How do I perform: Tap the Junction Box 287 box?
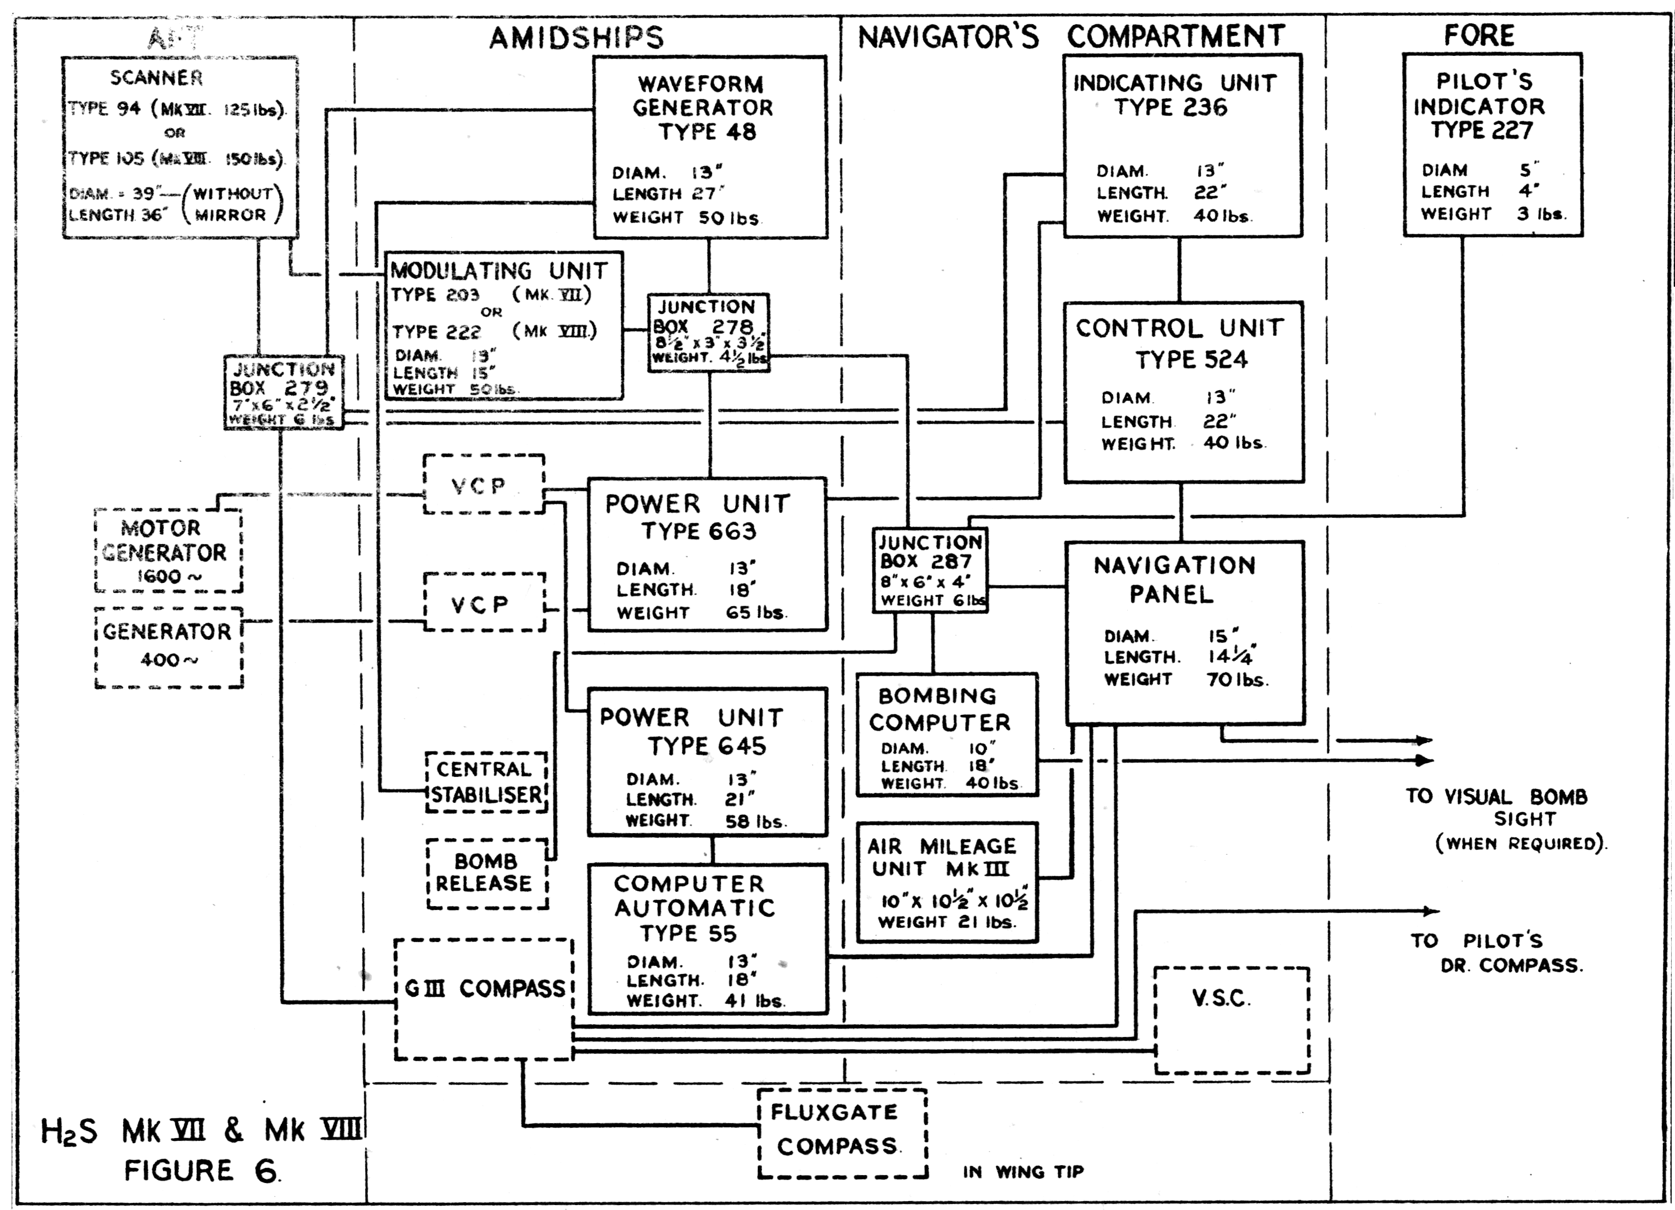click(930, 570)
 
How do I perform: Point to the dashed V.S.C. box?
click(1231, 1020)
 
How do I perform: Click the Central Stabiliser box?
click(486, 782)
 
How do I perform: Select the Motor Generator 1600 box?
click(169, 550)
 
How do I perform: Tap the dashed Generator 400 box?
click(169, 646)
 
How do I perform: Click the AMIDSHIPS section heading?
click(576, 38)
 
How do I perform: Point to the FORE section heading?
click(1479, 35)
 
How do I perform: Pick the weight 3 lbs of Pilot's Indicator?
click(1541, 214)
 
